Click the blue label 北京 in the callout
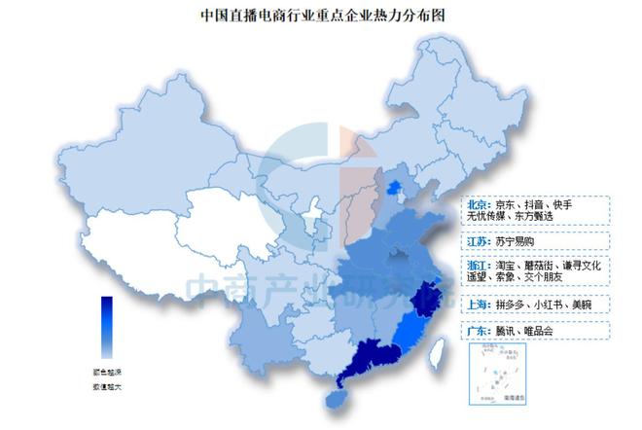point(478,205)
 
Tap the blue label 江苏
point(478,238)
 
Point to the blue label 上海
point(478,305)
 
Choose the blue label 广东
point(478,331)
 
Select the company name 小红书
point(556,305)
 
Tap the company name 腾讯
point(508,331)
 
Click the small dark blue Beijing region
point(393,187)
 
